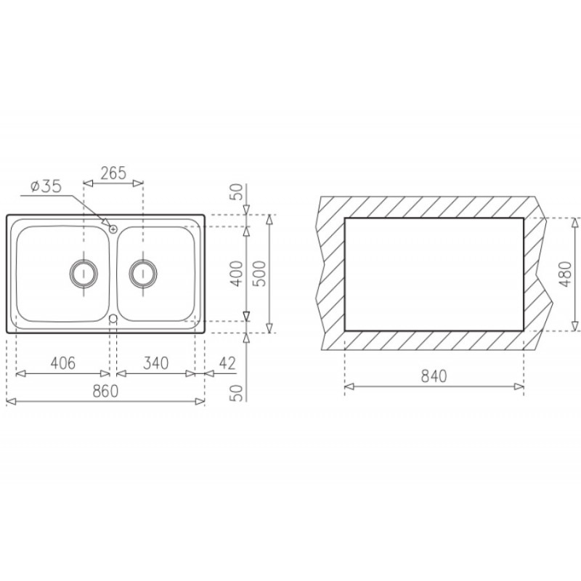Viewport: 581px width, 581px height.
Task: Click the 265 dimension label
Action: pyautogui.click(x=113, y=173)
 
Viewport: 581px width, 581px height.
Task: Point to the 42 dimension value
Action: pyautogui.click(x=227, y=363)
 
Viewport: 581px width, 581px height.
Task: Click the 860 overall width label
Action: pyautogui.click(x=105, y=391)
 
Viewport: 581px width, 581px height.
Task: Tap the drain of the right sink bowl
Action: pyautogui.click(x=142, y=272)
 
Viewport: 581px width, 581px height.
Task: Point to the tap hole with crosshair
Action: pyautogui.click(x=113, y=228)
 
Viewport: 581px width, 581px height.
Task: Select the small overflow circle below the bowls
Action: pyautogui.click(x=113, y=320)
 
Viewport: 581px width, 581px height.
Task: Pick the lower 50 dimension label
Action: pyautogui.click(x=235, y=393)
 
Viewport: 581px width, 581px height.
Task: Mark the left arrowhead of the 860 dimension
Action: pyautogui.click(x=9, y=401)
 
